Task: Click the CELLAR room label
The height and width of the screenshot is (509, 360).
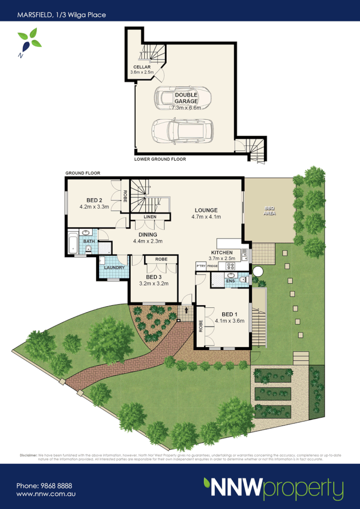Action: click(x=142, y=67)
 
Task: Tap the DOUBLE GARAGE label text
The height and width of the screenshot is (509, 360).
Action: click(x=186, y=98)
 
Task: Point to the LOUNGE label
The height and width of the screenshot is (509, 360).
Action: click(x=206, y=210)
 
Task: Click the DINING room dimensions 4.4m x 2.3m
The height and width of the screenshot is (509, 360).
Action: click(x=148, y=242)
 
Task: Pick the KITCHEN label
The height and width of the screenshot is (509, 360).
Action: click(x=222, y=253)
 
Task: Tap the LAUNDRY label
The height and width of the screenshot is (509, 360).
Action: click(x=113, y=268)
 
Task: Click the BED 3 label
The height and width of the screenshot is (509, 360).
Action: click(x=154, y=277)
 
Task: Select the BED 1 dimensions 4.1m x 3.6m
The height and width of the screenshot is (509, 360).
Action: click(x=230, y=321)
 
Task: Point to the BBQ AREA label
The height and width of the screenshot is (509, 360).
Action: click(x=270, y=211)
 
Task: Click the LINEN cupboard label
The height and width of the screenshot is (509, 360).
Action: click(x=150, y=217)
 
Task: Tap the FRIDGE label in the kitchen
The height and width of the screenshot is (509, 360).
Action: click(x=213, y=267)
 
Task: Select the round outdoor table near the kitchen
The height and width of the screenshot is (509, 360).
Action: click(x=258, y=271)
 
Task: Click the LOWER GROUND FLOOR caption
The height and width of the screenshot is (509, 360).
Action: click(x=160, y=160)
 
